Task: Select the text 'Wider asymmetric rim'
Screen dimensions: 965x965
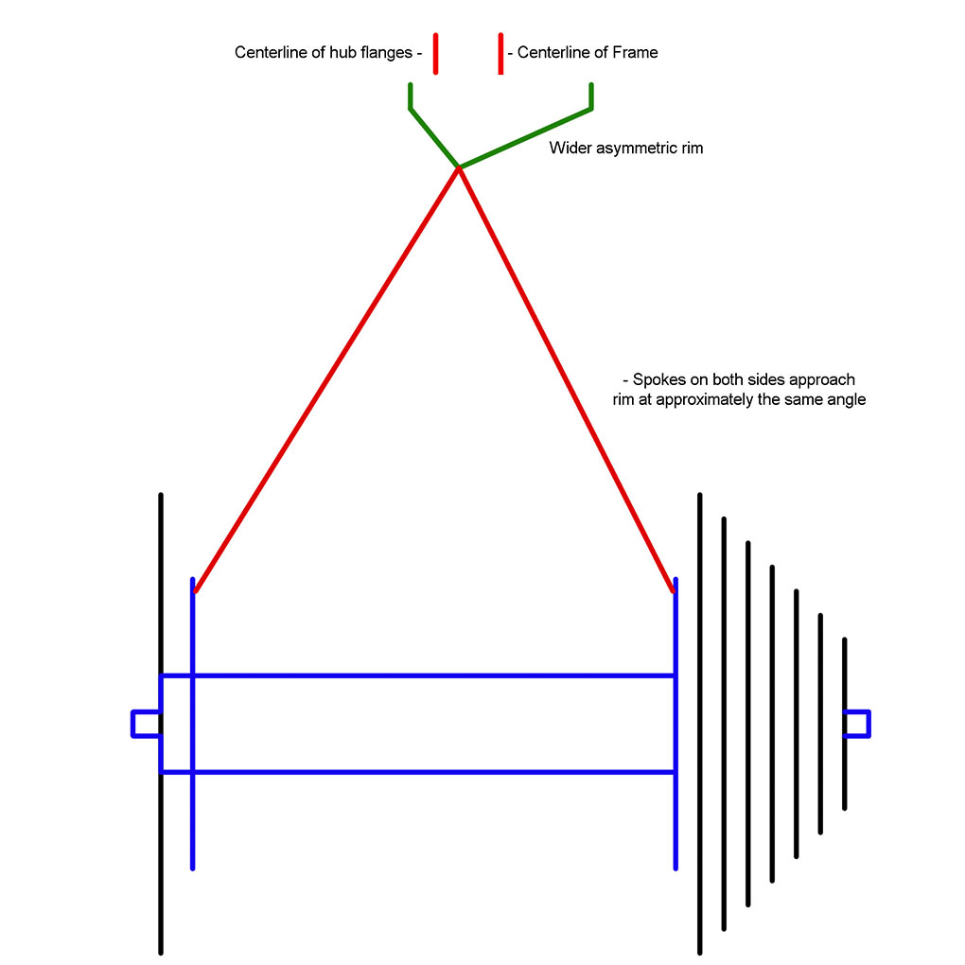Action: (625, 149)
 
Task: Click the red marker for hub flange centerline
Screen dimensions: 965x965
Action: (435, 53)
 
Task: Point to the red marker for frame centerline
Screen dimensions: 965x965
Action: (500, 53)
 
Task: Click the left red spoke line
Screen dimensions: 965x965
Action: (326, 379)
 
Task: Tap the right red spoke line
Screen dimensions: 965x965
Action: (566, 379)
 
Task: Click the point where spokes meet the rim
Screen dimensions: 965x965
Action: (459, 167)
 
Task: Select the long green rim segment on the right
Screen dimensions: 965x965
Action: (526, 138)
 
